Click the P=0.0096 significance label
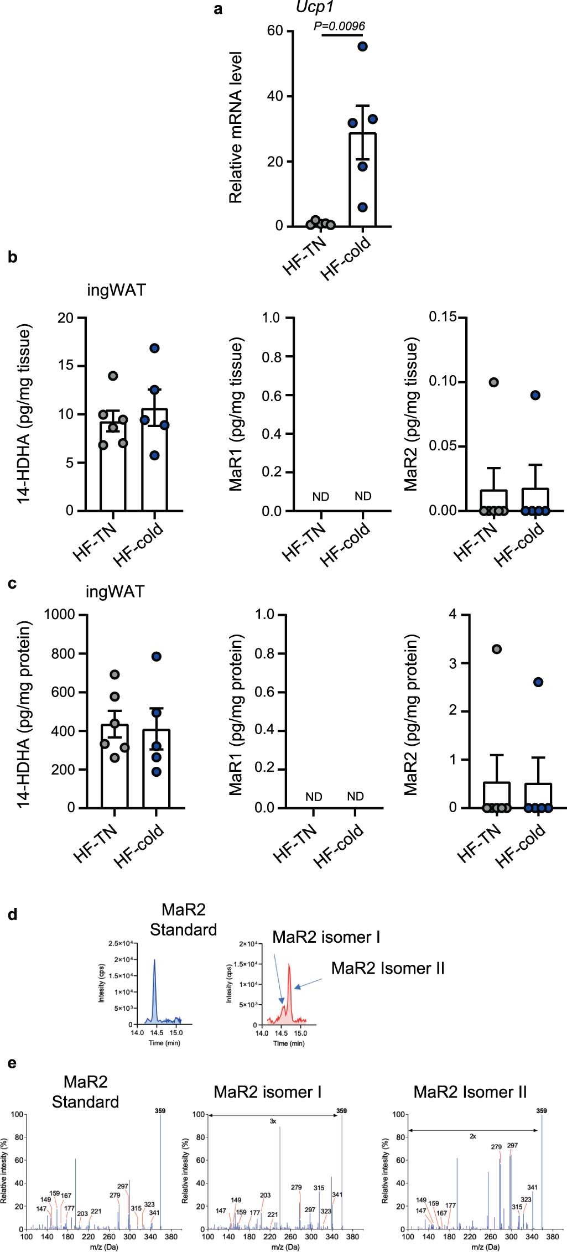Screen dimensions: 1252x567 [x=339, y=26]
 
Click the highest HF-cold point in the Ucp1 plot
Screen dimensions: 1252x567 [x=362, y=46]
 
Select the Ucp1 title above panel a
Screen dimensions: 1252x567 [x=314, y=7]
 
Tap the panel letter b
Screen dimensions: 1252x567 [x=13, y=257]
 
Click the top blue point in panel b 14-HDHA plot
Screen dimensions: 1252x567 [x=155, y=348]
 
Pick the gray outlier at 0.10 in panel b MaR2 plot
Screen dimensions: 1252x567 [x=494, y=382]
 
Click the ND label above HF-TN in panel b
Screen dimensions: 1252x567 [x=321, y=497]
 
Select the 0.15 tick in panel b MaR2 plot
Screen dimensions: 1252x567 [x=443, y=318]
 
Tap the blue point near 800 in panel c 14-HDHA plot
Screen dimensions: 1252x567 [x=157, y=657]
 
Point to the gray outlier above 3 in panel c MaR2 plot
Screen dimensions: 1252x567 [x=497, y=649]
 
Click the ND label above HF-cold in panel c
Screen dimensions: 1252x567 [x=355, y=796]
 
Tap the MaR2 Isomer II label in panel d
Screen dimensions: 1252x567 [x=388, y=968]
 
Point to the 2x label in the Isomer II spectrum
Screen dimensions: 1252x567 [x=473, y=1136]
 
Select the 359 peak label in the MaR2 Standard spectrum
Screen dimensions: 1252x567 [x=160, y=1110]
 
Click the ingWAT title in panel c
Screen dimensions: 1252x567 [x=115, y=591]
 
